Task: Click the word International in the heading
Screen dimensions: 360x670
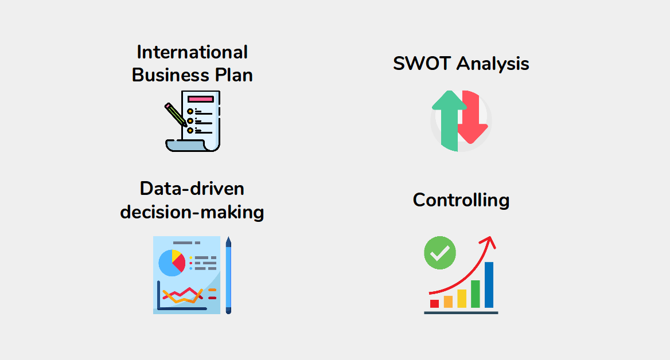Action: (192, 52)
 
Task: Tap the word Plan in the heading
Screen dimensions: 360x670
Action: (232, 75)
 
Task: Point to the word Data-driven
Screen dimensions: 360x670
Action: (192, 189)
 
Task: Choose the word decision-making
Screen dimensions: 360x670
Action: (192, 212)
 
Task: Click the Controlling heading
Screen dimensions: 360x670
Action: (461, 200)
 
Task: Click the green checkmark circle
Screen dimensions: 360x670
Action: (440, 253)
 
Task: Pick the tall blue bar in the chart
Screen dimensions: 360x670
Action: (489, 285)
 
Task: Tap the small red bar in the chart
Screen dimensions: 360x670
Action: (434, 303)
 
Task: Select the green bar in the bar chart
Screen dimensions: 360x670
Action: (475, 294)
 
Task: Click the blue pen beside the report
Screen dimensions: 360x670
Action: (228, 275)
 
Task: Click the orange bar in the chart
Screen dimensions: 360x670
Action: (448, 302)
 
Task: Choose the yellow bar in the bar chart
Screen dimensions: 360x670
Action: (462, 298)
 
